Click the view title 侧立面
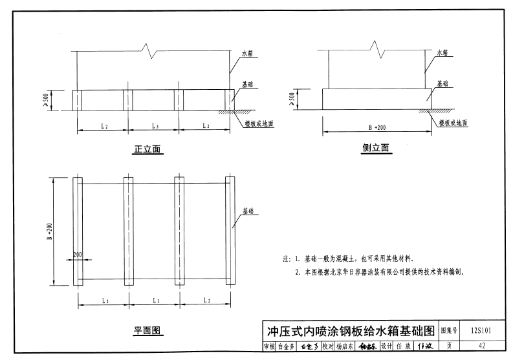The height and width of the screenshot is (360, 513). [376, 148]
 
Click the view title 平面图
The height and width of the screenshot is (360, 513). [147, 331]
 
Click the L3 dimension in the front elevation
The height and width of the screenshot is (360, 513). [155, 125]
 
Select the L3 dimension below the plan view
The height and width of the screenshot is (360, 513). [155, 301]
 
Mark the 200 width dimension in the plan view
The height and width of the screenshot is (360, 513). [78, 255]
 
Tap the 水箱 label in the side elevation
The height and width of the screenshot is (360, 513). [443, 52]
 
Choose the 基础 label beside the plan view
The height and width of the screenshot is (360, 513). [248, 211]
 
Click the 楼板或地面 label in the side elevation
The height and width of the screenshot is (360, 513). [452, 122]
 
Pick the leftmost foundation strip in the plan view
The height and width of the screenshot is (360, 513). [78, 231]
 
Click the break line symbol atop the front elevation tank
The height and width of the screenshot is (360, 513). [150, 48]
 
